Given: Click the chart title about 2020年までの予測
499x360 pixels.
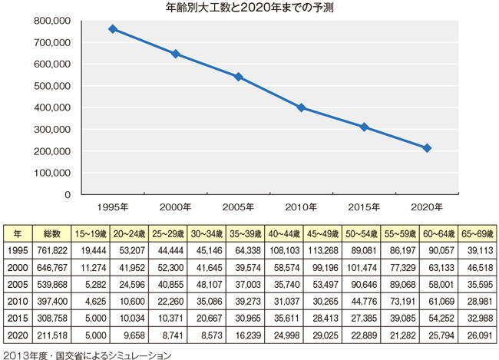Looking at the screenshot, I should click(x=249, y=8).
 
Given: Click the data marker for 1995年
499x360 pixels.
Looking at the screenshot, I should click(x=113, y=29).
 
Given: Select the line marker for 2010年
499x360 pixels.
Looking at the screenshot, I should click(x=302, y=107).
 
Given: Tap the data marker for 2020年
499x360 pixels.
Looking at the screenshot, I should click(x=428, y=147).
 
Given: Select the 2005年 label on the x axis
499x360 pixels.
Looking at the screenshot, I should click(x=238, y=206).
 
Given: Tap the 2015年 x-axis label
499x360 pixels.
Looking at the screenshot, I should click(x=365, y=206).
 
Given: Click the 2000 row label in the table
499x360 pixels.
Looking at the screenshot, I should click(x=16, y=266).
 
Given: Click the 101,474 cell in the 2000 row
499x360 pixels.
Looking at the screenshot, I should click(x=362, y=266).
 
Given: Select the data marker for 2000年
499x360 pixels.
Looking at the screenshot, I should click(x=176, y=54).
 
